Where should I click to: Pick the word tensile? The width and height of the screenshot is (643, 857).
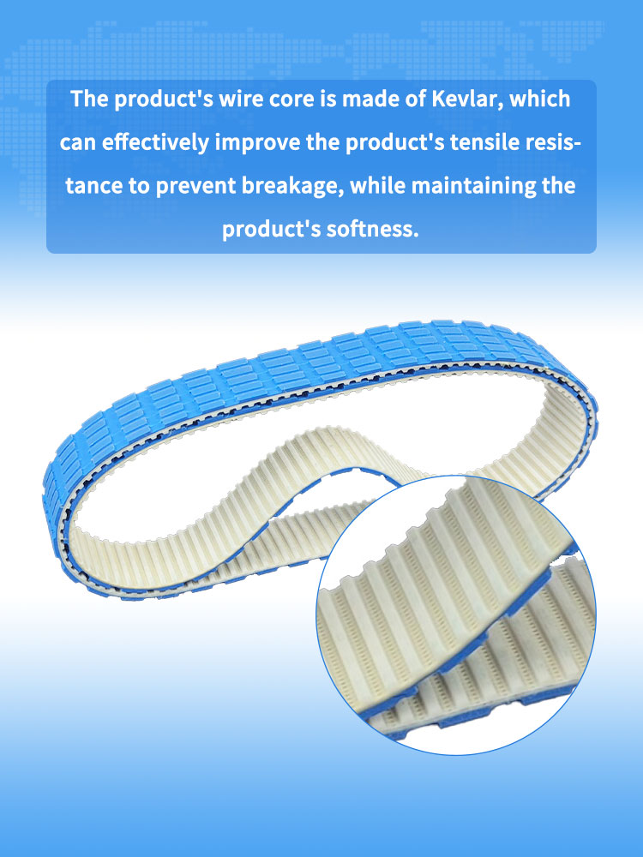pos(484,142)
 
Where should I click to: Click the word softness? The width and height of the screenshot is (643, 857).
pos(376,230)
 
